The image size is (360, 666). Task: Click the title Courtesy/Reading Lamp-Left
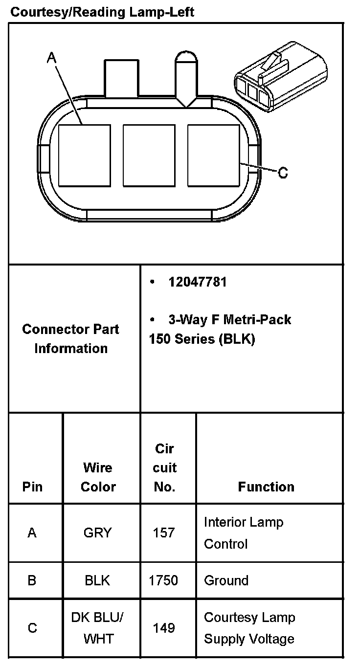point(102,12)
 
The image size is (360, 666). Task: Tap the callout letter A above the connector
point(52,58)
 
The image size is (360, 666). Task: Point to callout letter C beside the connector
point(283,173)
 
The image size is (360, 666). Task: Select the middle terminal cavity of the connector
point(149,155)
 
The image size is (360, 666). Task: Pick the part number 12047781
point(198,282)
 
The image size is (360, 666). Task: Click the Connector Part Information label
point(71,338)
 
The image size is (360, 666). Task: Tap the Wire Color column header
point(98,477)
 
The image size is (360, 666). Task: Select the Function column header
point(266,487)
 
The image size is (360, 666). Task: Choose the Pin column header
point(32,487)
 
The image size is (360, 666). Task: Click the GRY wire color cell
point(97,533)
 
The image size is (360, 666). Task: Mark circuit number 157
point(164,533)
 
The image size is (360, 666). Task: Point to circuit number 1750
point(163,580)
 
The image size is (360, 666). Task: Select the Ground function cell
point(226,580)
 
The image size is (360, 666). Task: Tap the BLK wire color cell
point(97,580)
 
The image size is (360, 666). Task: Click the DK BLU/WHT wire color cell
point(97,628)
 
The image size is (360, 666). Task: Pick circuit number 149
point(164,628)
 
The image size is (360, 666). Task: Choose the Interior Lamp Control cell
point(243,533)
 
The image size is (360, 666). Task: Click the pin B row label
point(32,580)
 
